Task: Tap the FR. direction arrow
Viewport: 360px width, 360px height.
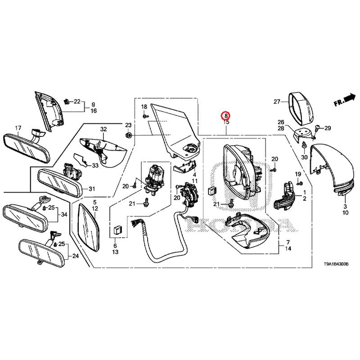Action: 345,99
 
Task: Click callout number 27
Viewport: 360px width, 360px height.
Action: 277,101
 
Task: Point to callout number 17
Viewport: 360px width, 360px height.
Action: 18,129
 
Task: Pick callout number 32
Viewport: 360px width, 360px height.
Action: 103,130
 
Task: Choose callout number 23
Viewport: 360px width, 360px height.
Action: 128,125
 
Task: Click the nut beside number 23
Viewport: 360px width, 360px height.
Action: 128,135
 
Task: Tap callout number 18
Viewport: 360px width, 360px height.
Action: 144,107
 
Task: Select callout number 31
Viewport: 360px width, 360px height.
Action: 92,189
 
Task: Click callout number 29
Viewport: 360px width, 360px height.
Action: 328,128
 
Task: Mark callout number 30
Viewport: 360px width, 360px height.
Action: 304,157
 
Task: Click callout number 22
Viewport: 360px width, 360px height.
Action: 76,102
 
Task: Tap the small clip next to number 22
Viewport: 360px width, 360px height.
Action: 67,101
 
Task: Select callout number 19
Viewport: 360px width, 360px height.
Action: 297,174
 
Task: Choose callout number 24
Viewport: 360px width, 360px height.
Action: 75,257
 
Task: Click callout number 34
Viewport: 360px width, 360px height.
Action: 64,215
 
